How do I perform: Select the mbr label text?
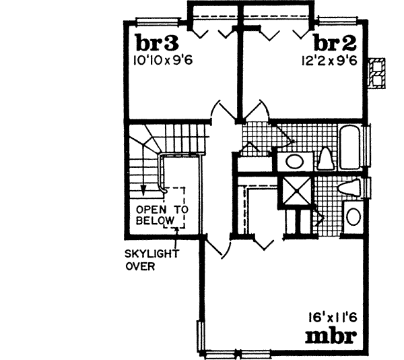pos(331,335)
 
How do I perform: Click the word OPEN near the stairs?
pos(151,209)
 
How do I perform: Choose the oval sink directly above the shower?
pos(294,160)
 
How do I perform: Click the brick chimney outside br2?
pos(378,71)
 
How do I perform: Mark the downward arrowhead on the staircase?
pos(143,189)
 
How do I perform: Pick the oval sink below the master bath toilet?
pos(353,217)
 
